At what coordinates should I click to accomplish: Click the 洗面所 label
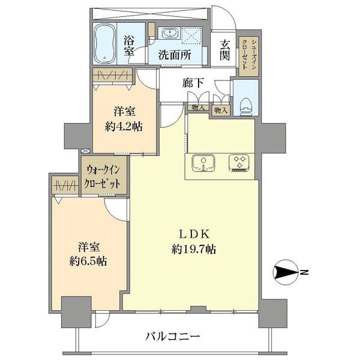tap(175, 53)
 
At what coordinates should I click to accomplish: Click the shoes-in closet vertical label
tap(245, 55)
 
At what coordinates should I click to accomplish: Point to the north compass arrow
tap(286, 274)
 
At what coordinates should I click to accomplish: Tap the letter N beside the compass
tap(304, 274)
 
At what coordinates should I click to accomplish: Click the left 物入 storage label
tap(197, 109)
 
